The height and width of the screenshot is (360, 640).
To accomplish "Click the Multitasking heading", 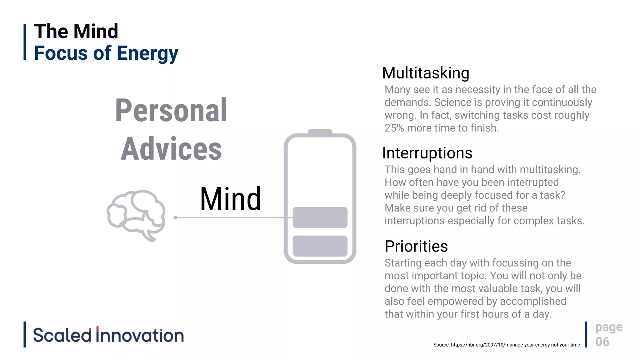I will [x=426, y=73].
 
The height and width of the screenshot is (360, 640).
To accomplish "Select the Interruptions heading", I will [x=427, y=153].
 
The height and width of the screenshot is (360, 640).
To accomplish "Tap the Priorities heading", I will [x=416, y=246].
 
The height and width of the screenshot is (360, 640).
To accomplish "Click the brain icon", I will [x=136, y=215].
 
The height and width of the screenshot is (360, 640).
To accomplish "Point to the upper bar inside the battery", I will [x=320, y=217].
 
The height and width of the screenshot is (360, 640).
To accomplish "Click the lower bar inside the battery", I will [x=320, y=246].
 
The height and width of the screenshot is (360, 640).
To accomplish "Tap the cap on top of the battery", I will [x=320, y=132].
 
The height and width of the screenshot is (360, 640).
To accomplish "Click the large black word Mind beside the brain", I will [x=230, y=199].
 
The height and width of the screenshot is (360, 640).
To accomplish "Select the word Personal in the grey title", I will [x=171, y=110].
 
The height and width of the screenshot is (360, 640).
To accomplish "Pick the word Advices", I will [x=171, y=149].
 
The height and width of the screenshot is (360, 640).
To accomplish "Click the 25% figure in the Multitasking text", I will [x=394, y=128].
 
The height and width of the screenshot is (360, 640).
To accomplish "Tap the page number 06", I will [x=602, y=342].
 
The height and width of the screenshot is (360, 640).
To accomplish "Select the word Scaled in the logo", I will [x=62, y=335].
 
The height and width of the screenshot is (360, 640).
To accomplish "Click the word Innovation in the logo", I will [x=140, y=335].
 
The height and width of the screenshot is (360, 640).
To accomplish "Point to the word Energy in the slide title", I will [x=147, y=53].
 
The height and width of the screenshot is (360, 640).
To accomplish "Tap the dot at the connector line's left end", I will [x=176, y=217].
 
